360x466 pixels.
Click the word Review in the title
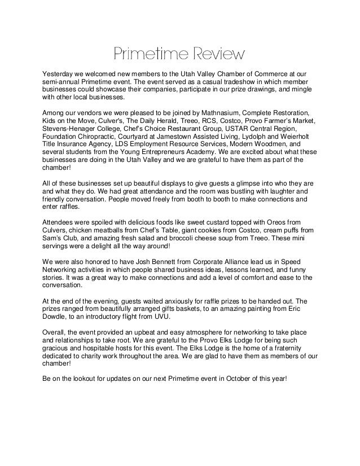(218, 56)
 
